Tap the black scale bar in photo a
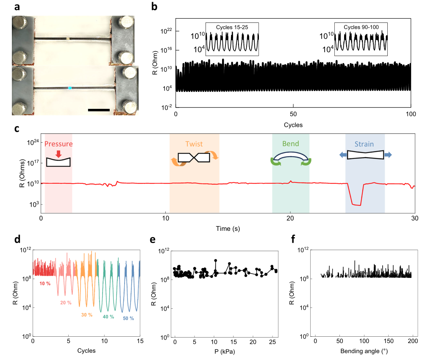(99, 110)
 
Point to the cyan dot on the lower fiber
(70, 88)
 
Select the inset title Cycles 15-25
(232, 27)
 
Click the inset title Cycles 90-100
(361, 27)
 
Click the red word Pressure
(58, 144)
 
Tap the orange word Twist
(195, 144)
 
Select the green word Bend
(290, 144)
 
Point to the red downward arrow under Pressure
(58, 153)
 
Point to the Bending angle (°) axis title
(363, 351)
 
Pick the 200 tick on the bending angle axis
(413, 341)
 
